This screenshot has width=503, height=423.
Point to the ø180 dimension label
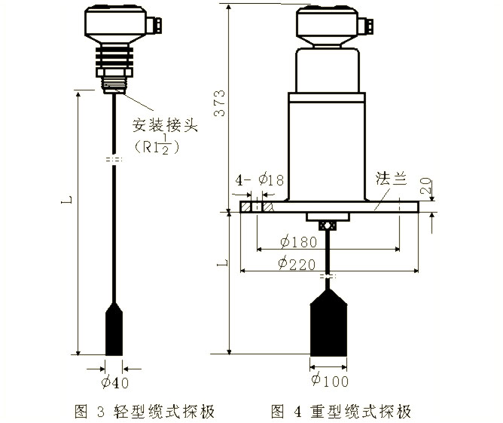pyautogui.click(x=300, y=242)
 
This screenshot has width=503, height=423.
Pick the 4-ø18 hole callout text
pyautogui.click(x=260, y=180)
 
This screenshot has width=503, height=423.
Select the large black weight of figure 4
pyautogui.click(x=329, y=326)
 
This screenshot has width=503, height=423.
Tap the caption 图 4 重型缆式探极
pyautogui.click(x=342, y=411)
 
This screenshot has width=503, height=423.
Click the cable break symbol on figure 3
pyautogui.click(x=113, y=160)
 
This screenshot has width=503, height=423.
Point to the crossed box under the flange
pyautogui.click(x=328, y=225)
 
